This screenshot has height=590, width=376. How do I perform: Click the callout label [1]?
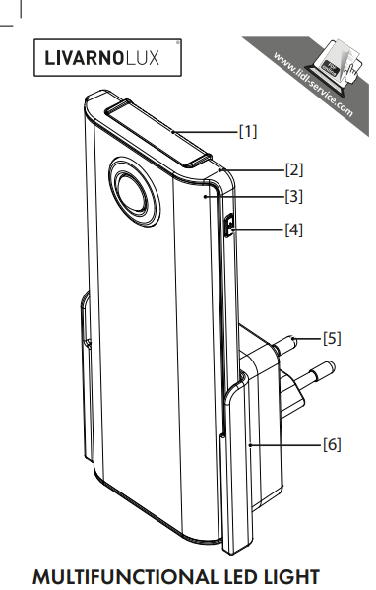248,129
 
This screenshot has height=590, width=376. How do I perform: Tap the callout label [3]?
293,195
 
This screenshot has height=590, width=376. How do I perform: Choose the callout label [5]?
333,338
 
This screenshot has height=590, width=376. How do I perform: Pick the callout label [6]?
333,444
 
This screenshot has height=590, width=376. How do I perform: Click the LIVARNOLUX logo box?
107,56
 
